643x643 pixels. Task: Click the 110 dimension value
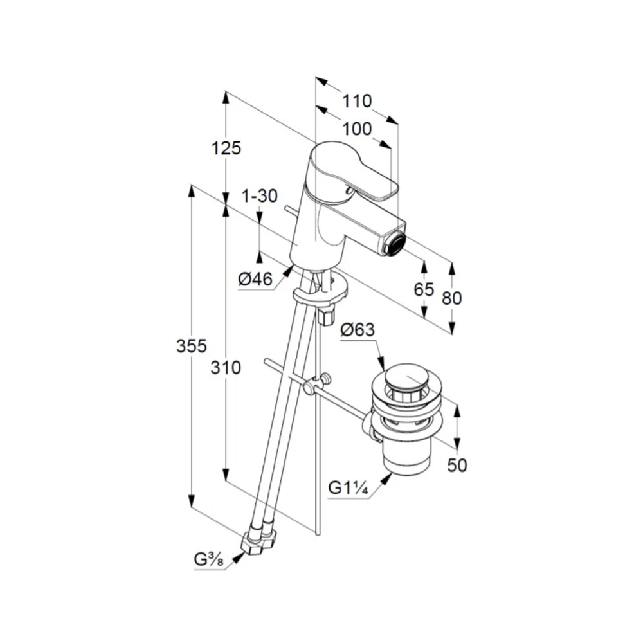click(357, 101)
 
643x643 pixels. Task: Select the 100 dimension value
click(357, 129)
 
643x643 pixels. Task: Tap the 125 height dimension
click(226, 148)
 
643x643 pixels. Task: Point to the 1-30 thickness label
click(260, 196)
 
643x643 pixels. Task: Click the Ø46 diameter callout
click(255, 279)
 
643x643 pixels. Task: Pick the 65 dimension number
click(424, 289)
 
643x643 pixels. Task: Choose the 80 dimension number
click(451, 298)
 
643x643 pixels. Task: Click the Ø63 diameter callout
click(358, 329)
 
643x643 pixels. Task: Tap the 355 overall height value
click(192, 346)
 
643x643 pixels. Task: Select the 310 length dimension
click(226, 367)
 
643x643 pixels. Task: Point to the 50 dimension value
click(457, 466)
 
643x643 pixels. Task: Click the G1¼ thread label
click(348, 488)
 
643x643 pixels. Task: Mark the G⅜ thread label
click(208, 560)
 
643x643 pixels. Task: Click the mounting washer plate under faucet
click(320, 290)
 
